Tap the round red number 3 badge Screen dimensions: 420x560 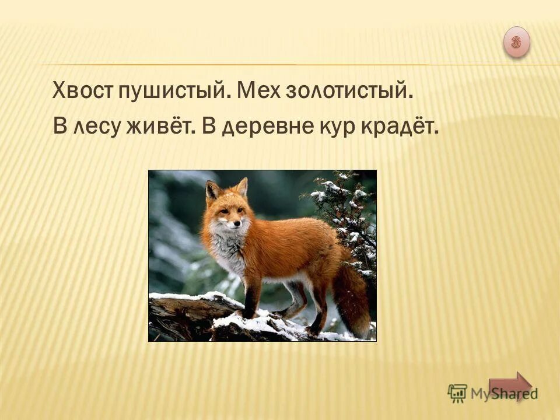516,41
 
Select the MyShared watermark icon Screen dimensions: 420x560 457,393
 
